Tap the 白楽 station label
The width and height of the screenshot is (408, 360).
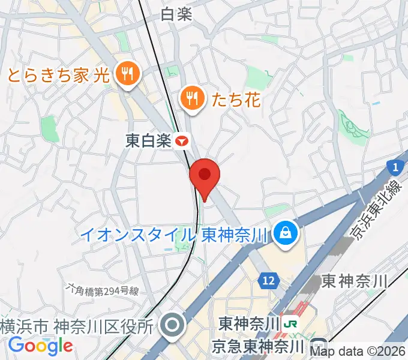click(176, 14)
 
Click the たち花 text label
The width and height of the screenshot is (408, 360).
click(236, 99)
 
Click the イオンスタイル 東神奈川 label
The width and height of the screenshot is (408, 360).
click(175, 234)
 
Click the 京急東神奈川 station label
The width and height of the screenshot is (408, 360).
click(259, 346)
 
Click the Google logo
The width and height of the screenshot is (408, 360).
click(40, 346)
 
